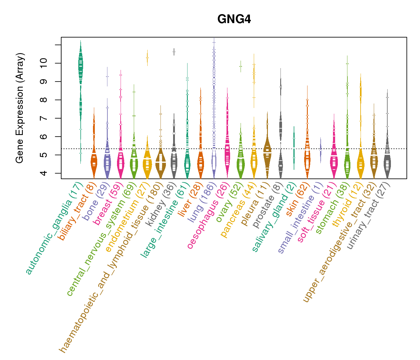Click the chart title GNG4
(x=234, y=19)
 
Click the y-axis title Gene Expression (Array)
(x=20, y=108)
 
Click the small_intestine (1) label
(x=300, y=219)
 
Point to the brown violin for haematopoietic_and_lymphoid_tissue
(x=161, y=162)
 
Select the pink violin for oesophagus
(x=227, y=150)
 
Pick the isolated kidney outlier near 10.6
(x=174, y=52)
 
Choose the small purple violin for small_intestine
(x=321, y=148)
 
